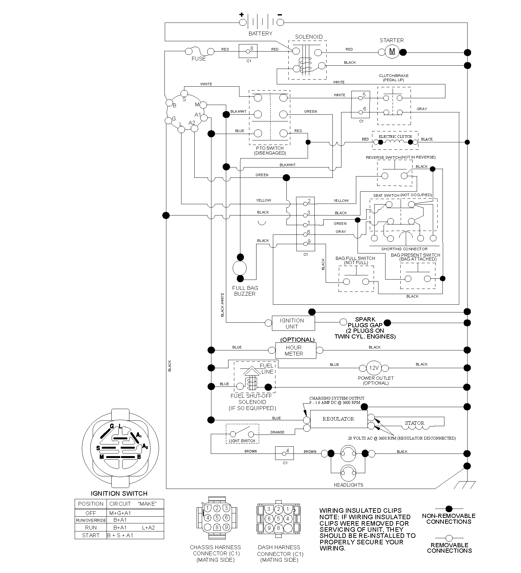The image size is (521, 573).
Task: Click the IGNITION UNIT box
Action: pyautogui.click(x=293, y=323)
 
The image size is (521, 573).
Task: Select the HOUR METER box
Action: pyautogui.click(x=296, y=350)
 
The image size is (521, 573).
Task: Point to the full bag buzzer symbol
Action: pyautogui.click(x=239, y=268)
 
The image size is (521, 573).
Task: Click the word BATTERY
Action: pyautogui.click(x=260, y=33)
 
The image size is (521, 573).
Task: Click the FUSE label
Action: pyautogui.click(x=199, y=59)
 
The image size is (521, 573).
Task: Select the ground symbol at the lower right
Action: pyautogui.click(x=467, y=484)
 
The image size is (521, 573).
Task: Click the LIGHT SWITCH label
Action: pyautogui.click(x=242, y=441)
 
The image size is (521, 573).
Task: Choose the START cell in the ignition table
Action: pyautogui.click(x=91, y=535)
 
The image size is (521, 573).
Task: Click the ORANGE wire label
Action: pyautogui.click(x=277, y=432)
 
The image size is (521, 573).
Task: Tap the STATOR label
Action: pyautogui.click(x=414, y=423)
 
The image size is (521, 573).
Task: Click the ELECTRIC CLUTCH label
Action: pyautogui.click(x=395, y=137)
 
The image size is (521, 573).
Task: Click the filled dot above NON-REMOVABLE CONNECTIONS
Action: pyautogui.click(x=449, y=509)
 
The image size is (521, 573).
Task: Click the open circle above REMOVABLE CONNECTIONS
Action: pyautogui.click(x=449, y=538)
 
